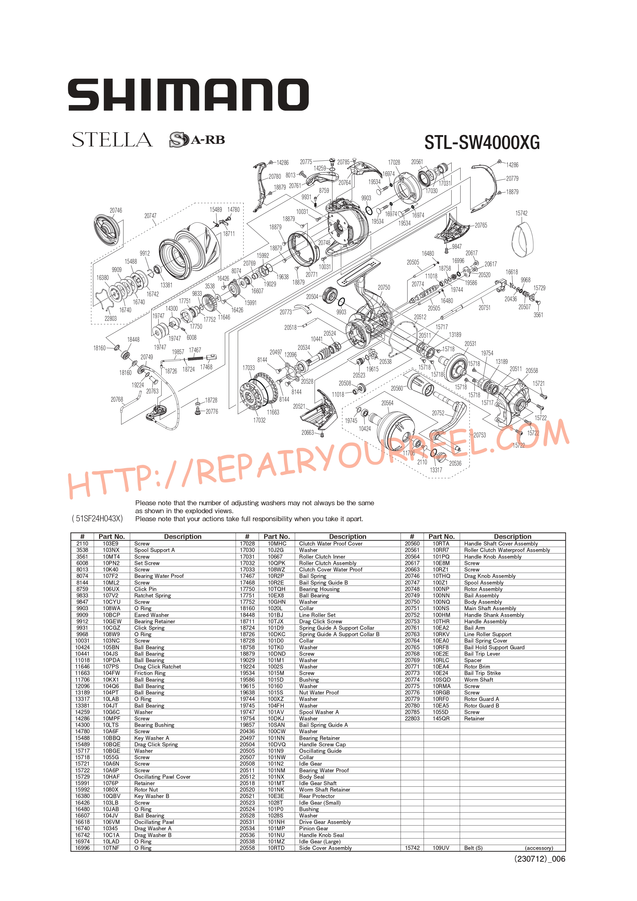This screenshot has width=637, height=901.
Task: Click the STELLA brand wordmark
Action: pyautogui.click(x=112, y=140)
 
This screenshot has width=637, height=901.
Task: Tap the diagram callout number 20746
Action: pyautogui.click(x=116, y=210)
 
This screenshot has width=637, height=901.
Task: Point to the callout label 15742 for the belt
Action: pyautogui.click(x=521, y=213)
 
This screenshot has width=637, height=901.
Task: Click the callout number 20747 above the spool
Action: pyautogui.click(x=150, y=216)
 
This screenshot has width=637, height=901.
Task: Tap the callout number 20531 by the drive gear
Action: pyautogui.click(x=470, y=344)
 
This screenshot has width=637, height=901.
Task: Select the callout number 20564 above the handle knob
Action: pyautogui.click(x=387, y=403)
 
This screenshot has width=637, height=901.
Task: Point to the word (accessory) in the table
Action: pyautogui.click(x=539, y=848)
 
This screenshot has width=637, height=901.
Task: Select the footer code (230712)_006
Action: pyautogui.click(x=540, y=859)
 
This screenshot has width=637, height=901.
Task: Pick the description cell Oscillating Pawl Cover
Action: pyautogui.click(x=162, y=777)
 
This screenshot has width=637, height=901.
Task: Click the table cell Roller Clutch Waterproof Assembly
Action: pyautogui.click(x=507, y=550)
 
